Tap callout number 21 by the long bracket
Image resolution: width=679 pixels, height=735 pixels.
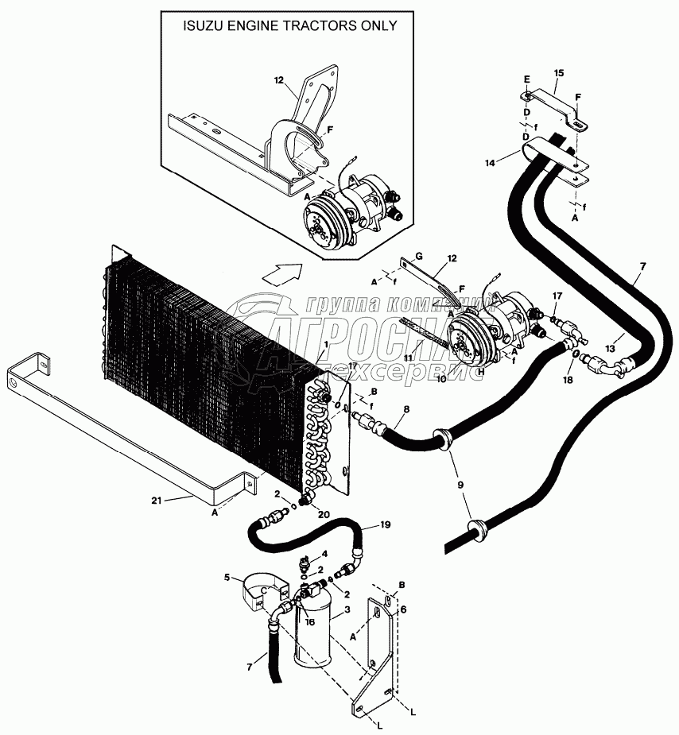point(156,501)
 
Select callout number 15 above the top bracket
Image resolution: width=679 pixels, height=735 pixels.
point(558,73)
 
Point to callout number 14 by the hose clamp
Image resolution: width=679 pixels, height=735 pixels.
point(490,163)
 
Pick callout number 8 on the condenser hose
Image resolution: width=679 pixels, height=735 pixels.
point(406,409)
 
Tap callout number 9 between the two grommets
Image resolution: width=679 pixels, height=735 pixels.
point(460,485)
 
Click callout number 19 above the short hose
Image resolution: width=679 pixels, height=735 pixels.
point(385,524)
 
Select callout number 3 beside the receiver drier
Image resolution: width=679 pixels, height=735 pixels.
point(347,609)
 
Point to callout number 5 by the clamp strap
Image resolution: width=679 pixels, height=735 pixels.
point(227,577)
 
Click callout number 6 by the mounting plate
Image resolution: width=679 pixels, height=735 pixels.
point(404,609)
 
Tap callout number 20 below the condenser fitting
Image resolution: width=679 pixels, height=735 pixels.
point(324,514)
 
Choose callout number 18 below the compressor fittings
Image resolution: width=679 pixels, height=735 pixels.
point(568,380)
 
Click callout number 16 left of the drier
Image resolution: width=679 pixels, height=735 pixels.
point(310,622)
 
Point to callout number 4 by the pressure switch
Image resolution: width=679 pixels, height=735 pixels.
point(324,554)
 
